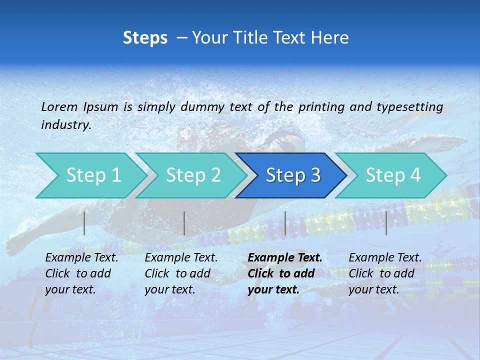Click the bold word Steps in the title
[x=145, y=38]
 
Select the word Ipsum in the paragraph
[x=101, y=106]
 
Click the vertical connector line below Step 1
[x=84, y=223]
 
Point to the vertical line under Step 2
[x=184, y=223]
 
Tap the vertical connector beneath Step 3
[x=285, y=223]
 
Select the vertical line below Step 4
[x=386, y=223]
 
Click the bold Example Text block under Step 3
[x=284, y=273]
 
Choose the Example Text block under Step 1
[x=81, y=273]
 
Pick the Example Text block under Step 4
[x=384, y=273]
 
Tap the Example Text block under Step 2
[x=181, y=273]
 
